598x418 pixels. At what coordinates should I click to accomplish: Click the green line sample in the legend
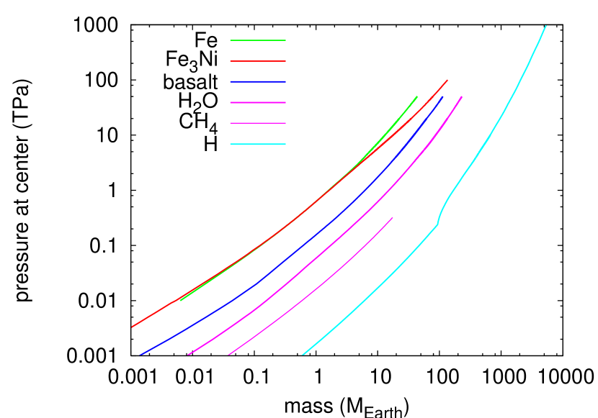pyautogui.click(x=258, y=40)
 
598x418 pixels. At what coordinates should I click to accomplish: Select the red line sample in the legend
pyautogui.click(x=258, y=61)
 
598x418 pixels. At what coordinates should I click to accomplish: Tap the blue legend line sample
pyautogui.click(x=258, y=82)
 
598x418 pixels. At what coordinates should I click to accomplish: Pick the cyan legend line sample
pyautogui.click(x=258, y=145)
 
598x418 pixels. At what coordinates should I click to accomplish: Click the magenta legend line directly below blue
pyautogui.click(x=258, y=103)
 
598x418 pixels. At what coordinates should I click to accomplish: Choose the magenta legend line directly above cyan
pyautogui.click(x=258, y=123)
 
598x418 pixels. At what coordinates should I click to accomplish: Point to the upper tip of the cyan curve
pyautogui.click(x=545, y=27)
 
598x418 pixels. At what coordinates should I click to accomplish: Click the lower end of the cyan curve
pyautogui.click(x=303, y=354)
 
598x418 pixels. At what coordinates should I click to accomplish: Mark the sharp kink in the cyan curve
pyautogui.click(x=437, y=224)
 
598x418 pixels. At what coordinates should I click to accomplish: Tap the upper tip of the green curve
pyautogui.click(x=416, y=97)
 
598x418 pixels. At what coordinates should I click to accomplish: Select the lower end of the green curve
pyautogui.click(x=181, y=300)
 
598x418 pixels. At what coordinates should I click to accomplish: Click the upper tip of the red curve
pyautogui.click(x=447, y=81)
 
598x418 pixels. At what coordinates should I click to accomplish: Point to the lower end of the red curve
pyautogui.click(x=133, y=327)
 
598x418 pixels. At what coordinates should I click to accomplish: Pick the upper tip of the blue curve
pyautogui.click(x=442, y=97)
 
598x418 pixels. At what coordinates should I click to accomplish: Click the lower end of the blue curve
pyautogui.click(x=140, y=354)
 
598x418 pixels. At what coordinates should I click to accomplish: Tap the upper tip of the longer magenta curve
pyautogui.click(x=461, y=97)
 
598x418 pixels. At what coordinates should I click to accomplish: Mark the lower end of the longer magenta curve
pyautogui.click(x=189, y=354)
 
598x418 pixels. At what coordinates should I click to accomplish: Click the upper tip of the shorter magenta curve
pyautogui.click(x=393, y=218)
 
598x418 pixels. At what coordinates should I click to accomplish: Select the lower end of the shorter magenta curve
pyautogui.click(x=229, y=354)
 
